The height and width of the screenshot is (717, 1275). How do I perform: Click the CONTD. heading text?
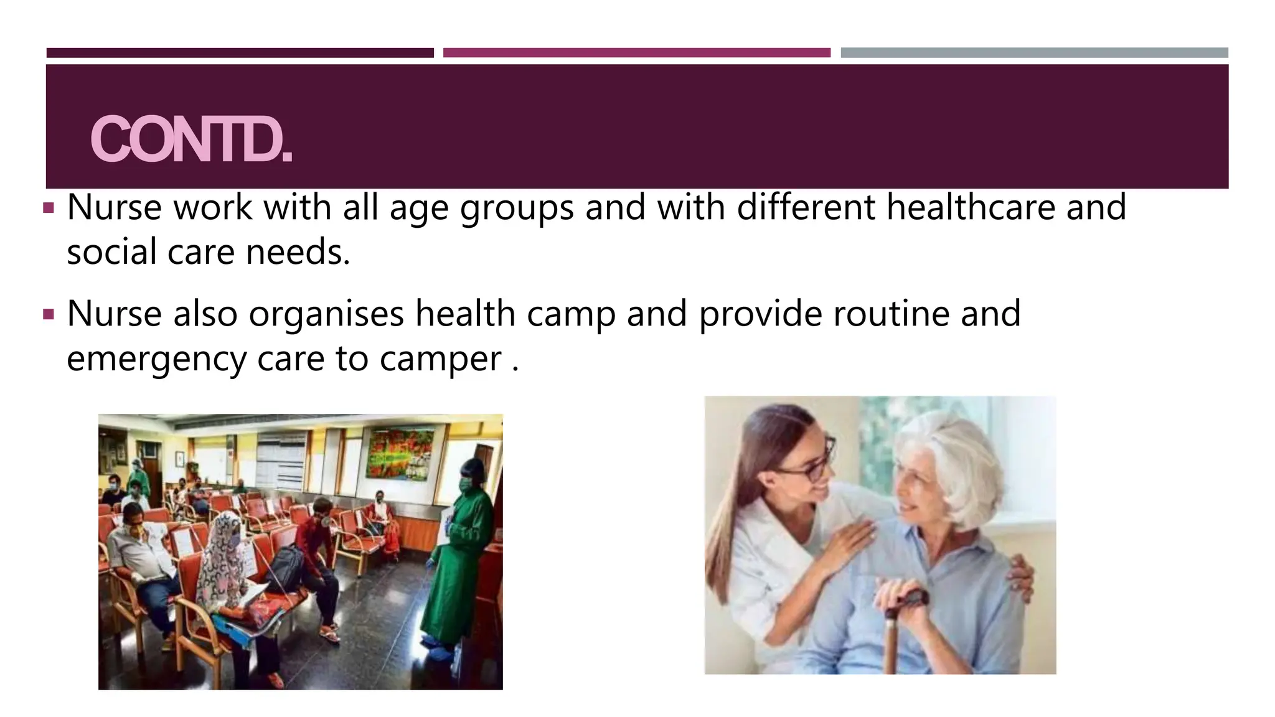pyautogui.click(x=191, y=139)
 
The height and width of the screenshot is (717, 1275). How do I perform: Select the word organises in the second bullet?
pyautogui.click(x=326, y=314)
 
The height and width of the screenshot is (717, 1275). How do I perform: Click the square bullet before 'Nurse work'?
pyautogui.click(x=49, y=207)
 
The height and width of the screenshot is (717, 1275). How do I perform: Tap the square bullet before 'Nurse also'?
pyautogui.click(x=49, y=314)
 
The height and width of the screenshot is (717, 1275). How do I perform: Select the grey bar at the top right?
pyautogui.click(x=1034, y=53)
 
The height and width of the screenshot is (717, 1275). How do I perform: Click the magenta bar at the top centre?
pyautogui.click(x=636, y=53)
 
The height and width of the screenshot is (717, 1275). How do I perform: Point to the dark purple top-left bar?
pyautogui.click(x=240, y=53)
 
